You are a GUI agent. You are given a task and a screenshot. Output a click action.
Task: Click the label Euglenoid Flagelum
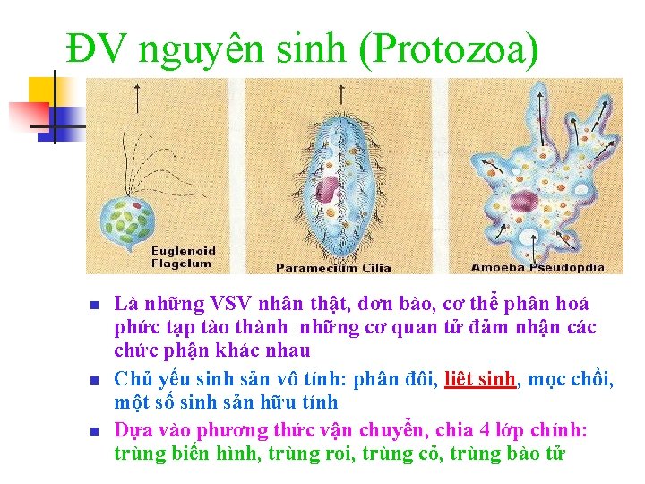[x=182, y=256]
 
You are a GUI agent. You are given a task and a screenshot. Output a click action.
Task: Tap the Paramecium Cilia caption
[x=333, y=267]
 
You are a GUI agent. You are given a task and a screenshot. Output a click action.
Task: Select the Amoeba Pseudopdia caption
[x=537, y=267]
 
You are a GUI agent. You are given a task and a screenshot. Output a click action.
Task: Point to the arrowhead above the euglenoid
[x=137, y=88]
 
